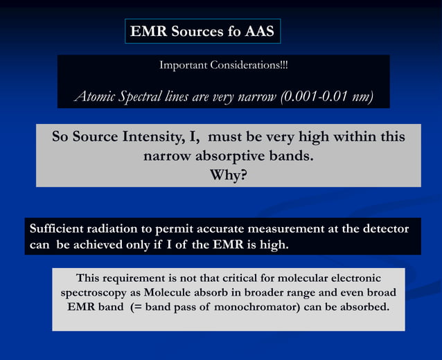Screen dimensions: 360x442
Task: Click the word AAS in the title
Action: (x=260, y=31)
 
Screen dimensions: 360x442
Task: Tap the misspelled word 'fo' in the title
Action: (x=231, y=31)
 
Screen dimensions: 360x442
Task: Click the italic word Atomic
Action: (x=95, y=96)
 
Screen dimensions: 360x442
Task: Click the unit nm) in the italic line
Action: (x=362, y=96)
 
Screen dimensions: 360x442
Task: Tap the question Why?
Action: (x=228, y=175)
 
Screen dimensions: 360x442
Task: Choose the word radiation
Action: (x=118, y=229)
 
